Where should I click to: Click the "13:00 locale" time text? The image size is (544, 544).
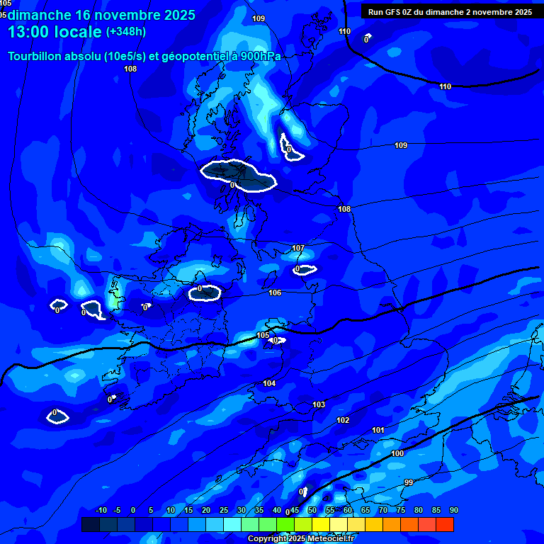pyautogui.click(x=55, y=32)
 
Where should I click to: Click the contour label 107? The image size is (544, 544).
pyautogui.click(x=298, y=249)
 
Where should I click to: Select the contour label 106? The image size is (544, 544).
pyautogui.click(x=275, y=293)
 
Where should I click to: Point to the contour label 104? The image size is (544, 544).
pyautogui.click(x=269, y=383)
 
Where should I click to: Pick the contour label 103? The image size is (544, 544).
pyautogui.click(x=319, y=404)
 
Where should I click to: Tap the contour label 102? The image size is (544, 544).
pyautogui.click(x=343, y=420)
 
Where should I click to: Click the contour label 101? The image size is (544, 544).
pyautogui.click(x=378, y=430)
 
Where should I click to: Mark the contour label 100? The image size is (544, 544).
pyautogui.click(x=397, y=453)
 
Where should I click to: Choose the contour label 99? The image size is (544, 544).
pyautogui.click(x=409, y=482)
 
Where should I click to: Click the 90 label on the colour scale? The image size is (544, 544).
pyautogui.click(x=453, y=511)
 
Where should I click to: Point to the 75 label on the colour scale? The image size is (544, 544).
pyautogui.click(x=401, y=511)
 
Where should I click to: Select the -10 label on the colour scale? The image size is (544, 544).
pyautogui.click(x=101, y=511)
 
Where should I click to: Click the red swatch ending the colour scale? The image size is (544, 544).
pyautogui.click(x=445, y=524)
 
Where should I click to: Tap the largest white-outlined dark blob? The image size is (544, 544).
pyautogui.click(x=238, y=176)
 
